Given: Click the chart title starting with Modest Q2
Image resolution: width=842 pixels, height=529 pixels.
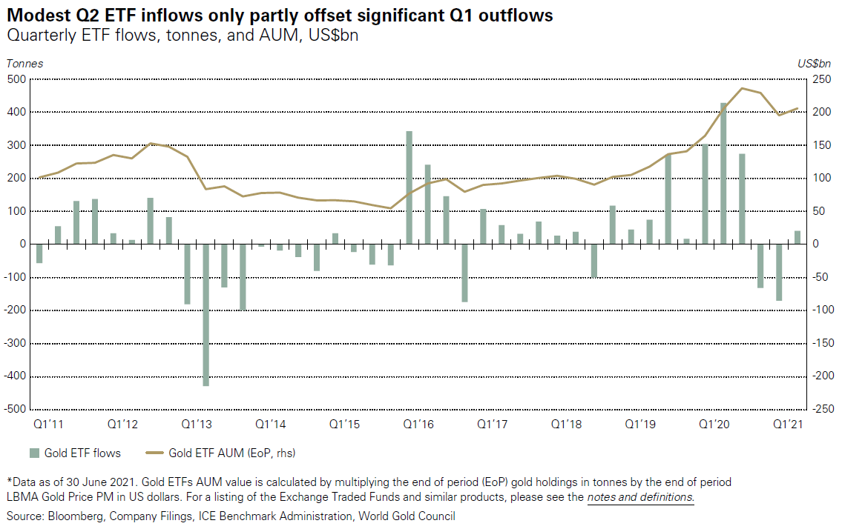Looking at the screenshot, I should click(x=280, y=16).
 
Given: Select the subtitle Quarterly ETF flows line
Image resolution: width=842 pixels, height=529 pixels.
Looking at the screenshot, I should click(x=182, y=36).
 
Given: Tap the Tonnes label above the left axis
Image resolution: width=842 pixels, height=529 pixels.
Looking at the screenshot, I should click(x=24, y=64).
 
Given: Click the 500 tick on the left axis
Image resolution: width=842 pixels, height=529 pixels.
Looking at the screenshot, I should click(x=16, y=79).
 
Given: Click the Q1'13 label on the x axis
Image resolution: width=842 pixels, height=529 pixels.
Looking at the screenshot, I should click(x=197, y=425).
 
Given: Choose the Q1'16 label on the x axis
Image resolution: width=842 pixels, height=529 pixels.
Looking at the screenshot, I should click(x=418, y=425).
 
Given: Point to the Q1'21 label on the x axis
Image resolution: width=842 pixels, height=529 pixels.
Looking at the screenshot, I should click(x=789, y=425).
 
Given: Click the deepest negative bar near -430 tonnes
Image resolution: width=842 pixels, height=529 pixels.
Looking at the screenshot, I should click(x=205, y=315).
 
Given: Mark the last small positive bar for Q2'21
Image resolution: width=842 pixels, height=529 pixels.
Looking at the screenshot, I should click(x=797, y=237).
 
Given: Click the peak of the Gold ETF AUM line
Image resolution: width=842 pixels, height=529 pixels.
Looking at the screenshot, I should click(x=742, y=88).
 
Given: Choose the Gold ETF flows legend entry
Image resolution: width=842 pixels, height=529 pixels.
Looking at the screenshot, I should click(x=74, y=453).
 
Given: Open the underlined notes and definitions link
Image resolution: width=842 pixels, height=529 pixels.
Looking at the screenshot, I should click(x=640, y=497).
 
